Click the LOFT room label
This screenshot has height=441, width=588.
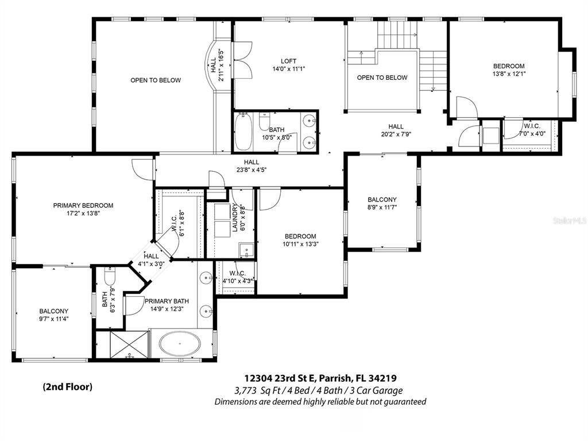[288, 61]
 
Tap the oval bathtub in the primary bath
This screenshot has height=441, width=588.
[180, 343]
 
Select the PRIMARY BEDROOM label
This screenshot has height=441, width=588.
[83, 206]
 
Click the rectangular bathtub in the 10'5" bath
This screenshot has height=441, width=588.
[243, 131]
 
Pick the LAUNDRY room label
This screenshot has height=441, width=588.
[235, 218]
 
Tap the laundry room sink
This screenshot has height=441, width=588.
[246, 250]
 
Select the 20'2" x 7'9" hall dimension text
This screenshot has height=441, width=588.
[396, 134]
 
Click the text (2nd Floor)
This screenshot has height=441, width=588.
[68, 386]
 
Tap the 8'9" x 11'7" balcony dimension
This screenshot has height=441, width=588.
[382, 207]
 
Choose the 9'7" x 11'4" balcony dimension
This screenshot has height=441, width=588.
[53, 319]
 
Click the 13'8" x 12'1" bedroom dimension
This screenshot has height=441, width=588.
[509, 74]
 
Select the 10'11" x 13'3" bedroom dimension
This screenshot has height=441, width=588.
[300, 244]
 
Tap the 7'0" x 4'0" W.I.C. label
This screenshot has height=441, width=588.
[532, 130]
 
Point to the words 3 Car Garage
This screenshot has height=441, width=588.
[380, 390]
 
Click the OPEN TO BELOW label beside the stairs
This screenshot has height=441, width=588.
[382, 78]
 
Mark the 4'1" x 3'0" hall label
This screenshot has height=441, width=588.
[151, 260]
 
